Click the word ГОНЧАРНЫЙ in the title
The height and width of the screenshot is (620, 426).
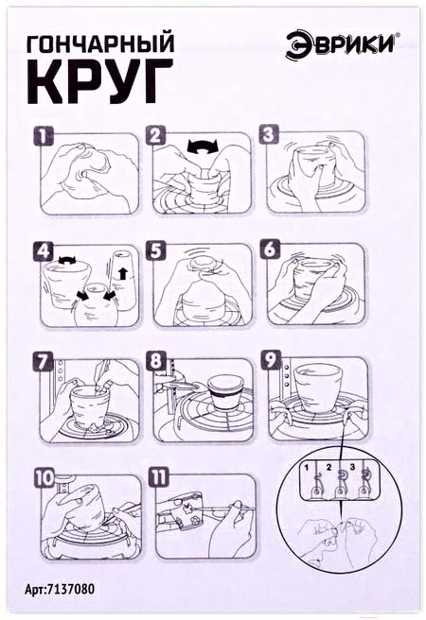(x=100, y=43)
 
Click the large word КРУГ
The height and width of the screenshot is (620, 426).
(x=100, y=82)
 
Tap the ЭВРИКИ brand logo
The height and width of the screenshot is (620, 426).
(x=341, y=45)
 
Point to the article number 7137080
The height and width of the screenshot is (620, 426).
(x=60, y=589)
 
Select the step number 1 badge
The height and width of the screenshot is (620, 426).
(x=43, y=136)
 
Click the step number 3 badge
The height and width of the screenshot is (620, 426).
(x=269, y=134)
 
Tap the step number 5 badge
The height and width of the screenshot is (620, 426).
(x=155, y=250)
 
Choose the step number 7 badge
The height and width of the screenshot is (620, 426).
(x=43, y=363)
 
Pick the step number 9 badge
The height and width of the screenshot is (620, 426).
(x=271, y=360)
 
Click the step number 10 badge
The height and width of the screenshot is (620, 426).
(x=44, y=478)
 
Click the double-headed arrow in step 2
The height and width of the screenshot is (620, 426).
(x=203, y=146)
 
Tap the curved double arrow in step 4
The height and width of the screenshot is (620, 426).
(x=67, y=260)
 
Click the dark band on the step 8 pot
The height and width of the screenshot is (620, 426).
(x=225, y=395)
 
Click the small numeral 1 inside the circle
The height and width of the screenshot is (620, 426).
(x=307, y=467)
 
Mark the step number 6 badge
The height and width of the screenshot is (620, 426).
(x=269, y=250)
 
